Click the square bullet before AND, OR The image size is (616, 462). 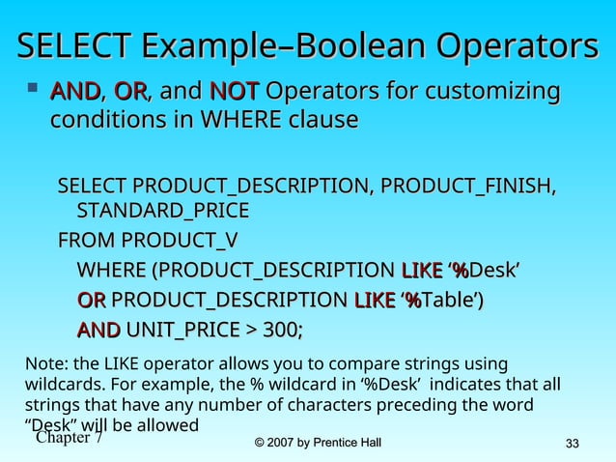pos(34,92)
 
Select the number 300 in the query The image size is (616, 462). pos(280,331)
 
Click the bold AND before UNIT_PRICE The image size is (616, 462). pos(98,331)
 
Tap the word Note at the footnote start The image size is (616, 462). pos(41,364)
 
